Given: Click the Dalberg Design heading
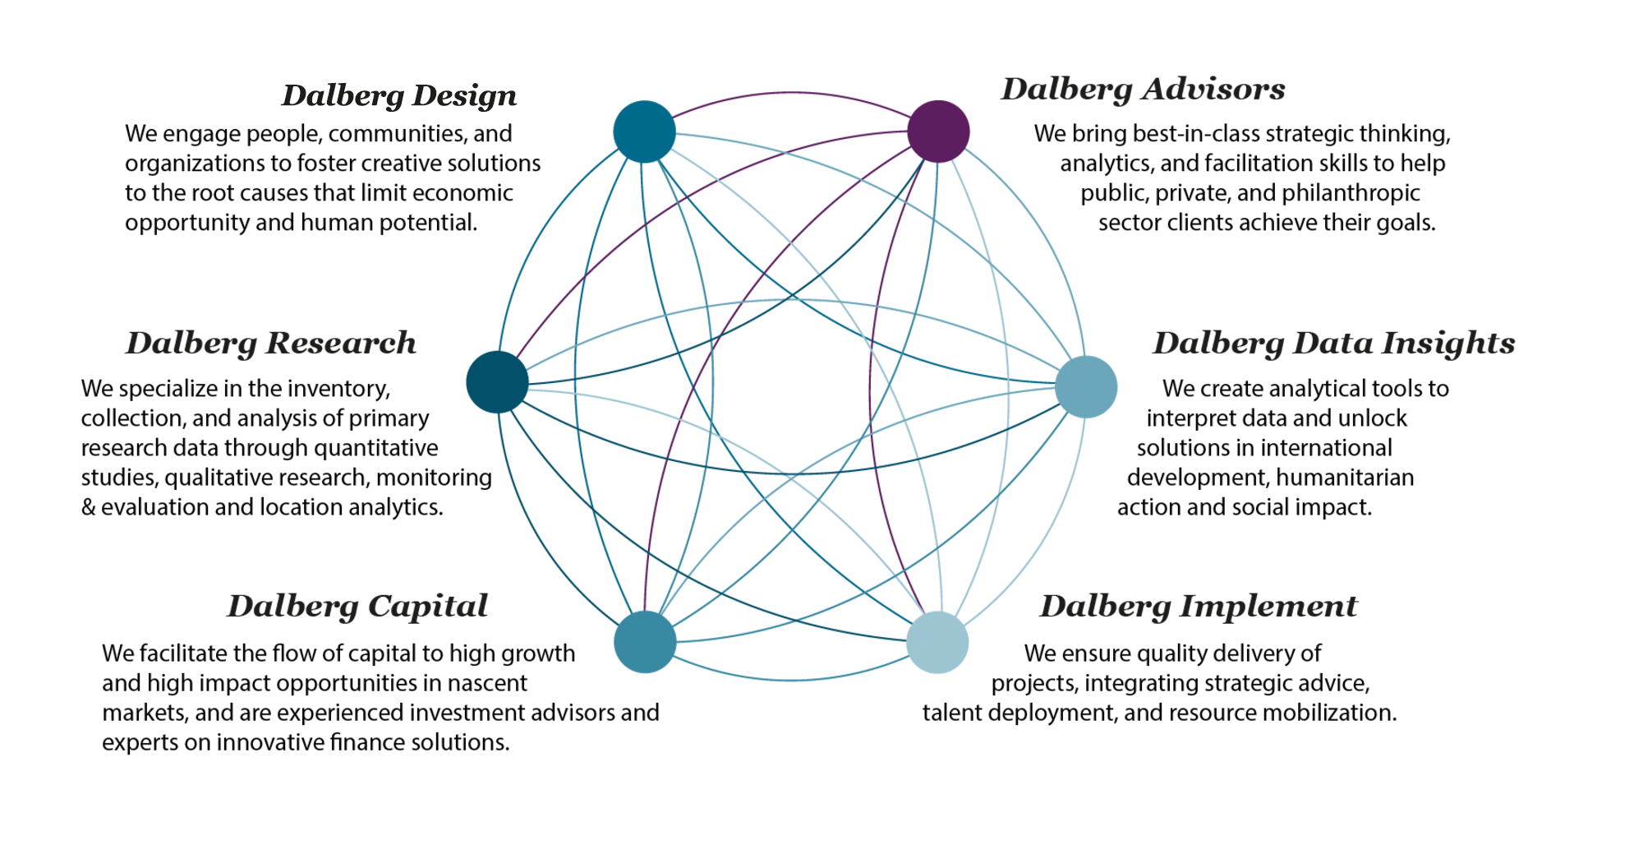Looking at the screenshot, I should [399, 96].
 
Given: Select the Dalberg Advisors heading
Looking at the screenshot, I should [1143, 90].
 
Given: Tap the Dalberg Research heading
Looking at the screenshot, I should [271, 344].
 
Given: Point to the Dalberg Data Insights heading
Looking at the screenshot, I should [1333, 344].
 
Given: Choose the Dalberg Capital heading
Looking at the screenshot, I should [357, 607].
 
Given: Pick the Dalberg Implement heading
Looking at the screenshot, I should [1199, 607].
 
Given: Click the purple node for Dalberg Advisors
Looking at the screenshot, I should [938, 132].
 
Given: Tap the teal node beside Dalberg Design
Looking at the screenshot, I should [645, 132].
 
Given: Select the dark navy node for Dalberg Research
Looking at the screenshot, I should [497, 382].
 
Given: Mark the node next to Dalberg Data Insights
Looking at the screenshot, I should [1086, 386].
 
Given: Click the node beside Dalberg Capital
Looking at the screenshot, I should [645, 642].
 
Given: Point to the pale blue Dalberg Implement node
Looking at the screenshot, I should [937, 642].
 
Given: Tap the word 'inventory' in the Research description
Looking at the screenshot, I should [338, 389].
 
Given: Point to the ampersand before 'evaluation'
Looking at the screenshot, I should [88, 507].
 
